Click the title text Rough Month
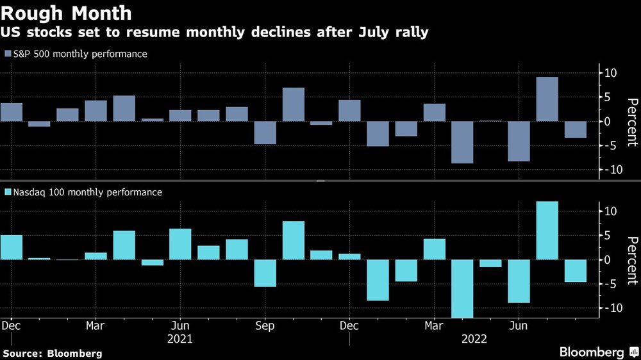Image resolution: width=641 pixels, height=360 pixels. pos(67,13)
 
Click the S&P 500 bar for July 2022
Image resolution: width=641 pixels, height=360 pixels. pos(547,99)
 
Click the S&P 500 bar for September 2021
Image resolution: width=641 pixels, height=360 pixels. pos(265,133)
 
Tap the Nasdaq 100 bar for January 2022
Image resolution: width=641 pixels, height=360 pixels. pos(378,280)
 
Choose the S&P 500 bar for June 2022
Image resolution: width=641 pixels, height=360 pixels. pos(519,141)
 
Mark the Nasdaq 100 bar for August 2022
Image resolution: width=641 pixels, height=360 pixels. pos(575,271)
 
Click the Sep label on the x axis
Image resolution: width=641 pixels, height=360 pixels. pos(264,326)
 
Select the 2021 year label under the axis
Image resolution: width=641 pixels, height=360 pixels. pos(179,339)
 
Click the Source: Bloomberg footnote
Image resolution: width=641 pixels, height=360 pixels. pos(53,353)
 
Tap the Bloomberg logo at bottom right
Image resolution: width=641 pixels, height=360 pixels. pos(596,352)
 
